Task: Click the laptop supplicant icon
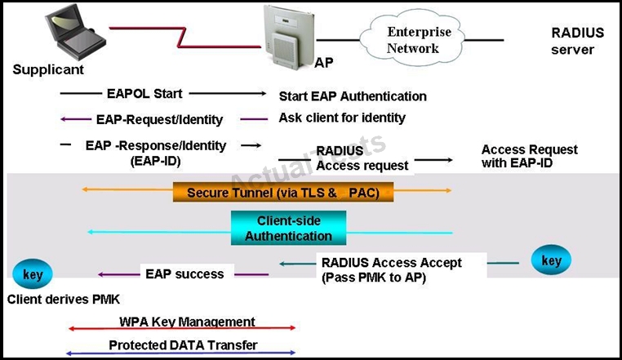[x=75, y=33]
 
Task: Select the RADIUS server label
[x=578, y=41]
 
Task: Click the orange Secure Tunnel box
[x=283, y=192]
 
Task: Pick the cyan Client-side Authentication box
[x=288, y=228]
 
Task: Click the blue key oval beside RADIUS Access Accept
[x=551, y=260]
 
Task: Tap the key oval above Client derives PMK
[x=33, y=273]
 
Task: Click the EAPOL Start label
[x=144, y=94]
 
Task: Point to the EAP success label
[x=184, y=273]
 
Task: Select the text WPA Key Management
[x=187, y=322]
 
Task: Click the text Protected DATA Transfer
[x=183, y=345]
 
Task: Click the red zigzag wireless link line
[x=184, y=38]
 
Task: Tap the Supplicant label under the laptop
[x=48, y=69]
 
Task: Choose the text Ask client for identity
[x=342, y=118]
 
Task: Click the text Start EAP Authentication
[x=353, y=96]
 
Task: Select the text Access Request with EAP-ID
[x=529, y=156]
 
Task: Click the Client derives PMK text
[x=64, y=299]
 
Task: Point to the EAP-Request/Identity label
[x=159, y=119]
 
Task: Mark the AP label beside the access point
[x=324, y=62]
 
